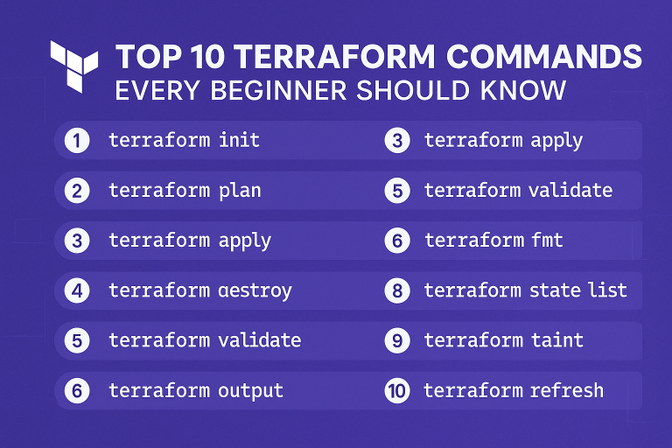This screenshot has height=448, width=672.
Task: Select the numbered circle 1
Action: pyautogui.click(x=77, y=140)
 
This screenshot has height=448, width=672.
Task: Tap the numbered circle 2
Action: pyautogui.click(x=77, y=190)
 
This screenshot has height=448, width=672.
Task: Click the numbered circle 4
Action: pyautogui.click(x=77, y=290)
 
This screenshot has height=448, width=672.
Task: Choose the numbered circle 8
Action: pyautogui.click(x=397, y=290)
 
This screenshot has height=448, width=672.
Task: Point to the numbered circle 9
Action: pyautogui.click(x=397, y=340)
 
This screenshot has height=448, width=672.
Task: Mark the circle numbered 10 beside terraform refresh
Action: pyautogui.click(x=397, y=390)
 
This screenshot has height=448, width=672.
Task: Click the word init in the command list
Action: pyautogui.click(x=239, y=140)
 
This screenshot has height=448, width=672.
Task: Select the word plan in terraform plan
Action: pyautogui.click(x=239, y=190)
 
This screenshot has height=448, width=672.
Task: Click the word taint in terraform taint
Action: pyautogui.click(x=558, y=340)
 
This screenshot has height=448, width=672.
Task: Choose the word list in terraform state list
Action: pyautogui.click(x=607, y=290)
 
